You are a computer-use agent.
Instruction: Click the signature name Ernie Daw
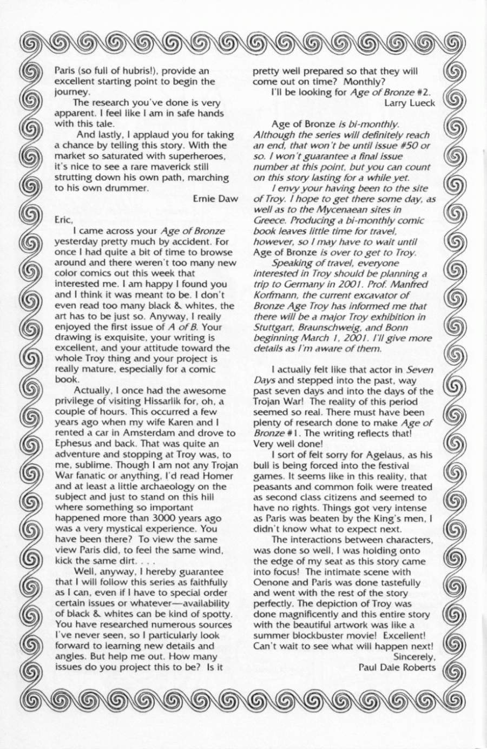tap(215, 199)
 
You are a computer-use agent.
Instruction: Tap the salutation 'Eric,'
tap(63, 220)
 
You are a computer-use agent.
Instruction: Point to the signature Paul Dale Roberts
tap(397, 667)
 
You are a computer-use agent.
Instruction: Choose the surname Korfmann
tap(273, 295)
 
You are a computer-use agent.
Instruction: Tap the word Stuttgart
tap(272, 327)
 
